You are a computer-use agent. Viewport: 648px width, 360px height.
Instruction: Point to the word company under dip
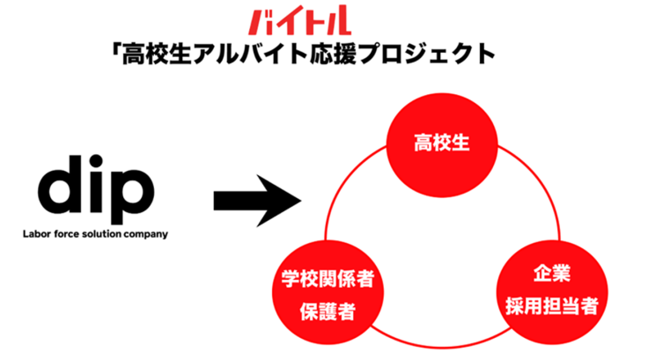146,235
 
